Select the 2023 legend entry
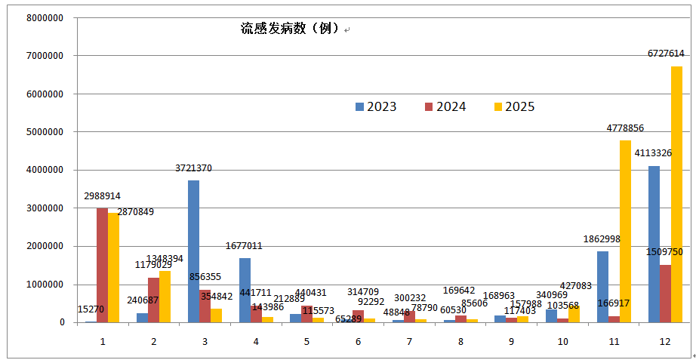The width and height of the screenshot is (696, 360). (376, 107)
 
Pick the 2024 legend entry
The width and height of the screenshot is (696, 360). (445, 107)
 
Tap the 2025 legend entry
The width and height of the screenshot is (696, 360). (514, 107)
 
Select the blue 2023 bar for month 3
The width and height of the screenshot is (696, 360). (194, 251)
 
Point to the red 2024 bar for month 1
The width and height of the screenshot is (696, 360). (102, 265)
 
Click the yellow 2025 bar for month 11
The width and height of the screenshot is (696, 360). (625, 231)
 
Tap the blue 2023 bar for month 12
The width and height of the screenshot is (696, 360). (654, 244)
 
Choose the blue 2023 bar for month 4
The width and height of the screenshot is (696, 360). (245, 290)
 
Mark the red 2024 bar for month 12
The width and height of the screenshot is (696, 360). (665, 294)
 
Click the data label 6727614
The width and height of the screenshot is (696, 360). (666, 54)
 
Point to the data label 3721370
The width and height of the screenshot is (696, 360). (193, 168)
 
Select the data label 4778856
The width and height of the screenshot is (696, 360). (625, 128)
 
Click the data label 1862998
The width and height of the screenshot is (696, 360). (602, 239)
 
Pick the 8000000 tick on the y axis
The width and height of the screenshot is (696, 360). (44, 17)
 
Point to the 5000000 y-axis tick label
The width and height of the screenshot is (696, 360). (44, 132)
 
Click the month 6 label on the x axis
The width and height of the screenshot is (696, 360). (358, 342)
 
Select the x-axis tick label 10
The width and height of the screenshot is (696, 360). (562, 342)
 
